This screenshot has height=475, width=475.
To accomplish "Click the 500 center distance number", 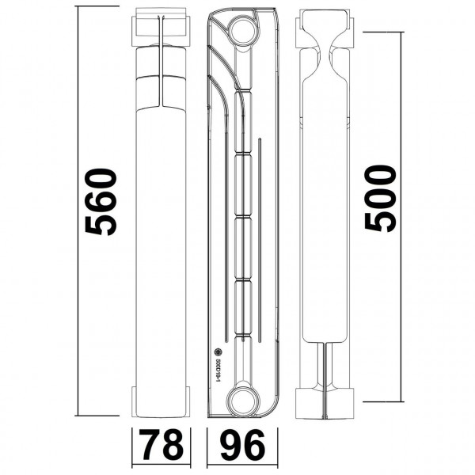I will click(381, 198).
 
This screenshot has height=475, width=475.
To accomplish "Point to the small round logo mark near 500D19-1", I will click(215, 355).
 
